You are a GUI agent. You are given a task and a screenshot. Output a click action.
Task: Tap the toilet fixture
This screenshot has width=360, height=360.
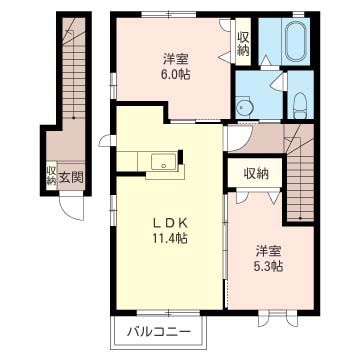[x=300, y=101]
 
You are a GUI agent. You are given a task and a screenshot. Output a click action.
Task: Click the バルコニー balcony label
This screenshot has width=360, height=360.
[x=157, y=332]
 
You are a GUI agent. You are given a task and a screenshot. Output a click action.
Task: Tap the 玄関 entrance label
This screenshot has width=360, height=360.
[x=70, y=177]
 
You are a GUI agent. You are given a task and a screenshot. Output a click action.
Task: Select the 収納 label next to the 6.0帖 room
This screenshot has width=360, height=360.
[x=243, y=42]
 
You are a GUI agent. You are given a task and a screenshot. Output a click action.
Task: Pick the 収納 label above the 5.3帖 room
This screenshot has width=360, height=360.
[x=255, y=173]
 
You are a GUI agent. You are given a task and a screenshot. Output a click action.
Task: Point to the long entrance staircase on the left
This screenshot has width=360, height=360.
[x=73, y=80]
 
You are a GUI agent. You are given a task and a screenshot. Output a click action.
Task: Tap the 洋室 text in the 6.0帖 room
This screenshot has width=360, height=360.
[x=177, y=56]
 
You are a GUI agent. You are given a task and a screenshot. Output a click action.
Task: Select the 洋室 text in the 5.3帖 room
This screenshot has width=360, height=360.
[x=267, y=249]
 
